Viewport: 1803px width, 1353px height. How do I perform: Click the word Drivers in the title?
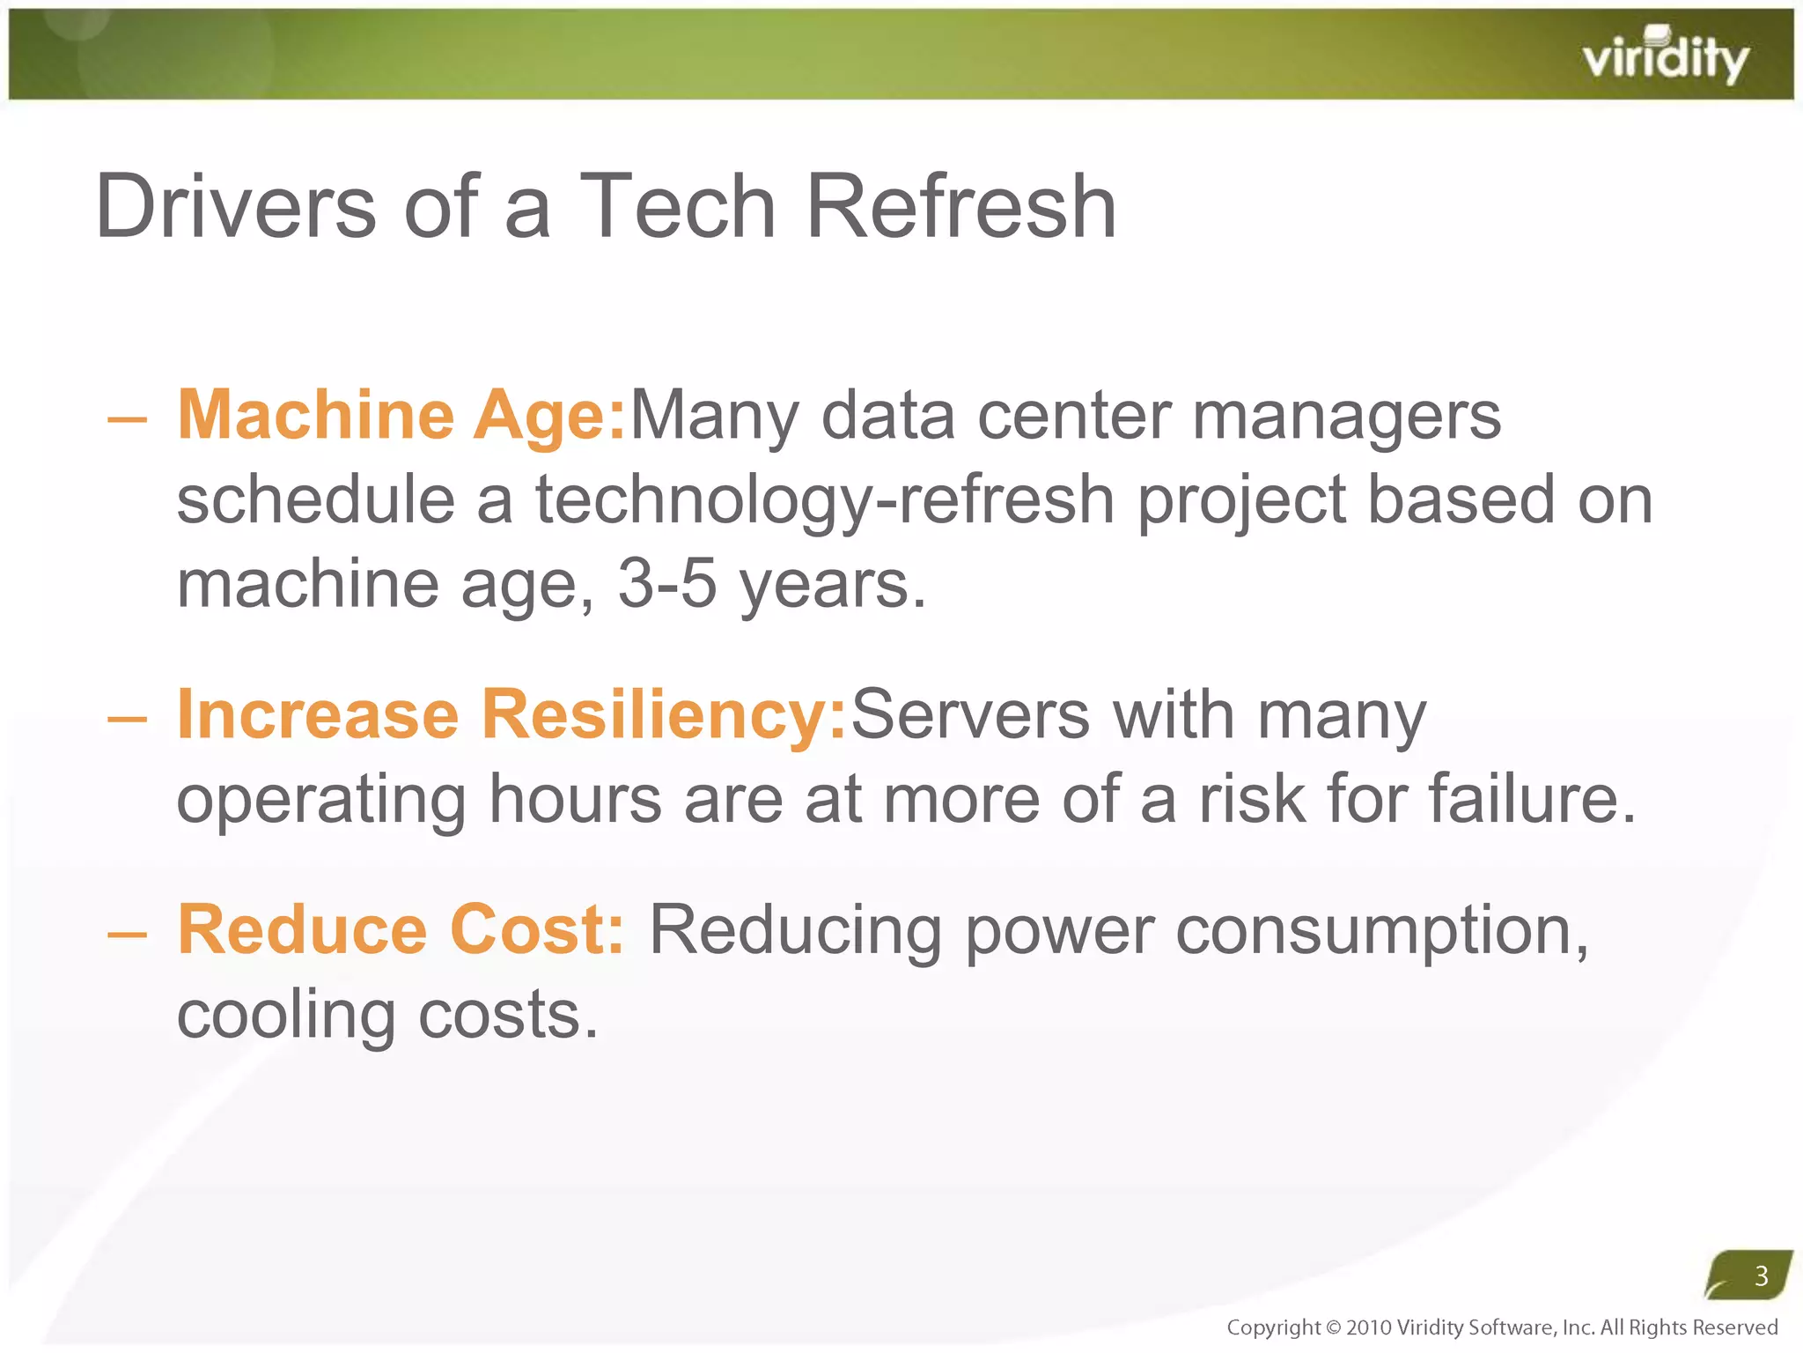tap(236, 207)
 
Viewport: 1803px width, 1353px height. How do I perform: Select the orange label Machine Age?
tap(401, 415)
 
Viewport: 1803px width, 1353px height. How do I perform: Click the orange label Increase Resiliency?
tap(511, 714)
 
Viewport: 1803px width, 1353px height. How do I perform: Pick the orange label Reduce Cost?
tap(401, 930)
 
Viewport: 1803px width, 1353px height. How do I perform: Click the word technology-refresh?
tap(825, 499)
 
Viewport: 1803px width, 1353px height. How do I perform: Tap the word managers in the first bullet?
tap(1346, 417)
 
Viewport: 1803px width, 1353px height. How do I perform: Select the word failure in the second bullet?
tap(1529, 799)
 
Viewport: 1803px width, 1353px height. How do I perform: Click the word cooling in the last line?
tap(286, 1015)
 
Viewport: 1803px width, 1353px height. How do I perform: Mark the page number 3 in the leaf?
tap(1761, 1275)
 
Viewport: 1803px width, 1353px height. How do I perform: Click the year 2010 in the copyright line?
tap(1368, 1327)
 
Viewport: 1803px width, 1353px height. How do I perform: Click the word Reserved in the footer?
tap(1734, 1327)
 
